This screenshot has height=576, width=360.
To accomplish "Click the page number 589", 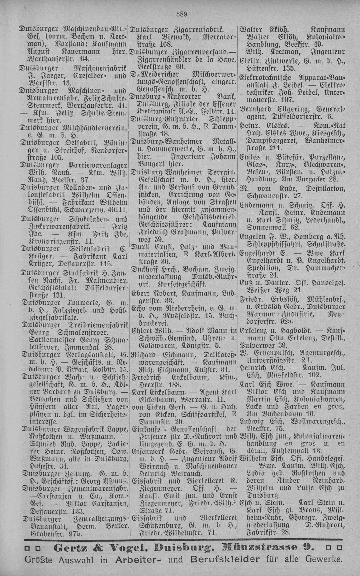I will pos(181,14).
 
